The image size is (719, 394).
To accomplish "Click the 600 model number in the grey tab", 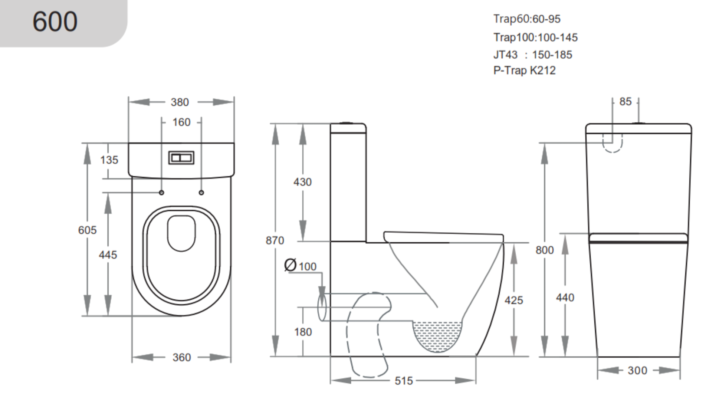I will point(55,22).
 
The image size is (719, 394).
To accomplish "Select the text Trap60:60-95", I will point(526,19).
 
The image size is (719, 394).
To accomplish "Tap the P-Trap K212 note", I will point(524,70).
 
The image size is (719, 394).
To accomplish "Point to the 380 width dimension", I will point(180,102).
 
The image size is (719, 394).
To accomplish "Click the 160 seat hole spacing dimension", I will point(181,122).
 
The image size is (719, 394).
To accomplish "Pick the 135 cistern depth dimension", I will point(109,160).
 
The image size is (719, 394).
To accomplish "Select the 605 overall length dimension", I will point(87,230).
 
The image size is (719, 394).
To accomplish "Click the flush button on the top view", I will point(181,158).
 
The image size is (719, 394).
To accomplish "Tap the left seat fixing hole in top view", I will point(161,193).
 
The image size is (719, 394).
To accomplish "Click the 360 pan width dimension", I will point(181,358).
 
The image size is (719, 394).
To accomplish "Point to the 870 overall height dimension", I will point(275,241).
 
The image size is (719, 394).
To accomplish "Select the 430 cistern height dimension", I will point(302,182).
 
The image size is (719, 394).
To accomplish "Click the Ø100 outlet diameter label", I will point(301,266).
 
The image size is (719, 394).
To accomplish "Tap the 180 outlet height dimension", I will point(303,332).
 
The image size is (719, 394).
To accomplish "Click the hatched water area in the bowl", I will point(437,335).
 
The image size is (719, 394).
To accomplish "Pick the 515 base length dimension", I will point(404,381).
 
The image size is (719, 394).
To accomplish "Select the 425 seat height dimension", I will point(513,301).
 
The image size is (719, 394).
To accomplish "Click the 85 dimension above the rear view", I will point(625,102).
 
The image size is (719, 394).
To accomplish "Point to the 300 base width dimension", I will point(637,371).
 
